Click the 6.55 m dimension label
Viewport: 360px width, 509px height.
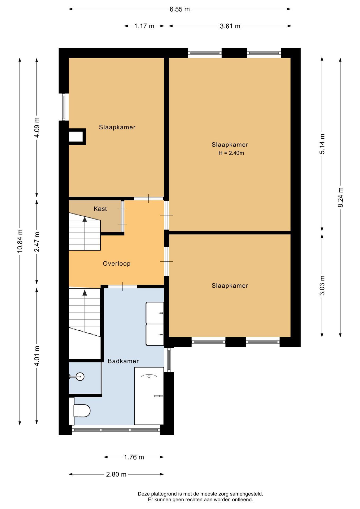coord(179,9)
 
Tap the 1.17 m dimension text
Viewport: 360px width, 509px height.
coord(144,26)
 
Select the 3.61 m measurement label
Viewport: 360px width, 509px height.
coord(230,26)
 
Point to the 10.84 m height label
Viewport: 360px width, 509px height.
coord(20,241)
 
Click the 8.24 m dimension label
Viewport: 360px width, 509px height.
coord(340,198)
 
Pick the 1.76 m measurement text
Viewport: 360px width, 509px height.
coord(134,457)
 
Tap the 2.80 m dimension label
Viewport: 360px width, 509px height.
coord(116,474)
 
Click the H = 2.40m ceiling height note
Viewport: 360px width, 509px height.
coord(231,153)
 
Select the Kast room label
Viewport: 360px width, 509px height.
coord(100,209)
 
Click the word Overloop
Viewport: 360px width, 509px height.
coord(117,264)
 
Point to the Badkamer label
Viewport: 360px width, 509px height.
coord(123,361)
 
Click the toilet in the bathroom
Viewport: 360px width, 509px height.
coord(82,411)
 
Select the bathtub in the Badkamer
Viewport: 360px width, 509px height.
coord(149,396)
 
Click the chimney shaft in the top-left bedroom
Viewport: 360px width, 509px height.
coord(77,137)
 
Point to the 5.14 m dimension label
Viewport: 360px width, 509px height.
coord(322,144)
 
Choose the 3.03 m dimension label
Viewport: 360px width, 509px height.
coord(322,286)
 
